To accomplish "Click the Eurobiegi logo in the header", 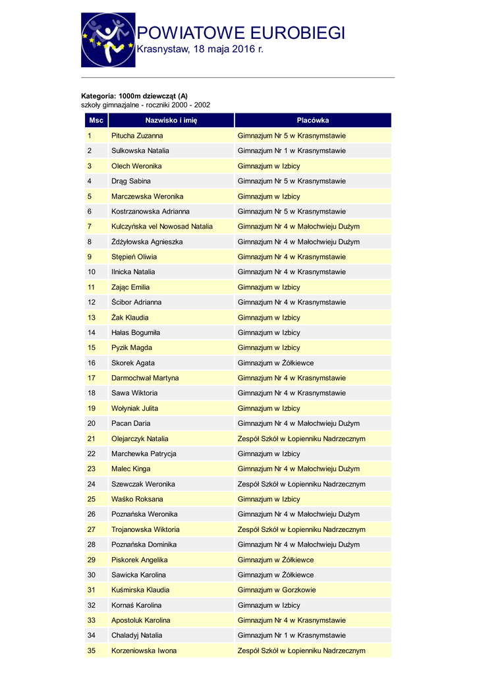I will (108, 40).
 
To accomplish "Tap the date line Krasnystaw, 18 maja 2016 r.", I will (200, 50).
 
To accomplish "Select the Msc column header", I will (96, 121).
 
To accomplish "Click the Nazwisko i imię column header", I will (171, 121).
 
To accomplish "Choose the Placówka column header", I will (312, 121).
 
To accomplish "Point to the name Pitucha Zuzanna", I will (137, 136).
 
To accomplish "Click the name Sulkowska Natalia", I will (140, 151).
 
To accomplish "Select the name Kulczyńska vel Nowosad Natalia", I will (162, 227).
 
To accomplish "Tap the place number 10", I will (92, 272).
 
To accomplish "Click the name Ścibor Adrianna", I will (136, 302).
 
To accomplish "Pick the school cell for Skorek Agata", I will (275, 363).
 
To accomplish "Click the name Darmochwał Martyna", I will (145, 378).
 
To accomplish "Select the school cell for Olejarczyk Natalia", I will (301, 438).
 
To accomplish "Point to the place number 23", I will (92, 469).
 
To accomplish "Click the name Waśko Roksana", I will (137, 499).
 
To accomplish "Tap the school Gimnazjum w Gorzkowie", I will (276, 590).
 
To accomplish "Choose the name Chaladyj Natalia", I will (136, 635).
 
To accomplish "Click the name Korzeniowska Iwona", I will (144, 651).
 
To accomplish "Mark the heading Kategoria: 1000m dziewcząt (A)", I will (134, 96).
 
